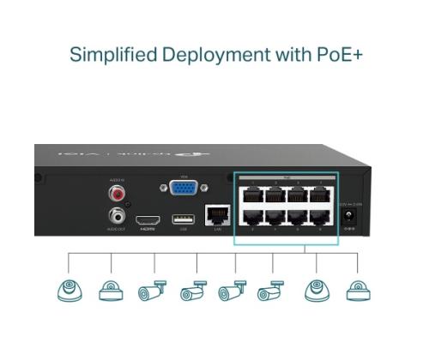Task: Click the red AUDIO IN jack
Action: [117, 195]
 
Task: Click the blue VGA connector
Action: [180, 191]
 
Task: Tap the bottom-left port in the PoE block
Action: [252, 216]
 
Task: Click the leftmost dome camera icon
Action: [68, 290]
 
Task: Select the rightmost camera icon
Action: [358, 290]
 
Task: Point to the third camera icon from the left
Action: [151, 291]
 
